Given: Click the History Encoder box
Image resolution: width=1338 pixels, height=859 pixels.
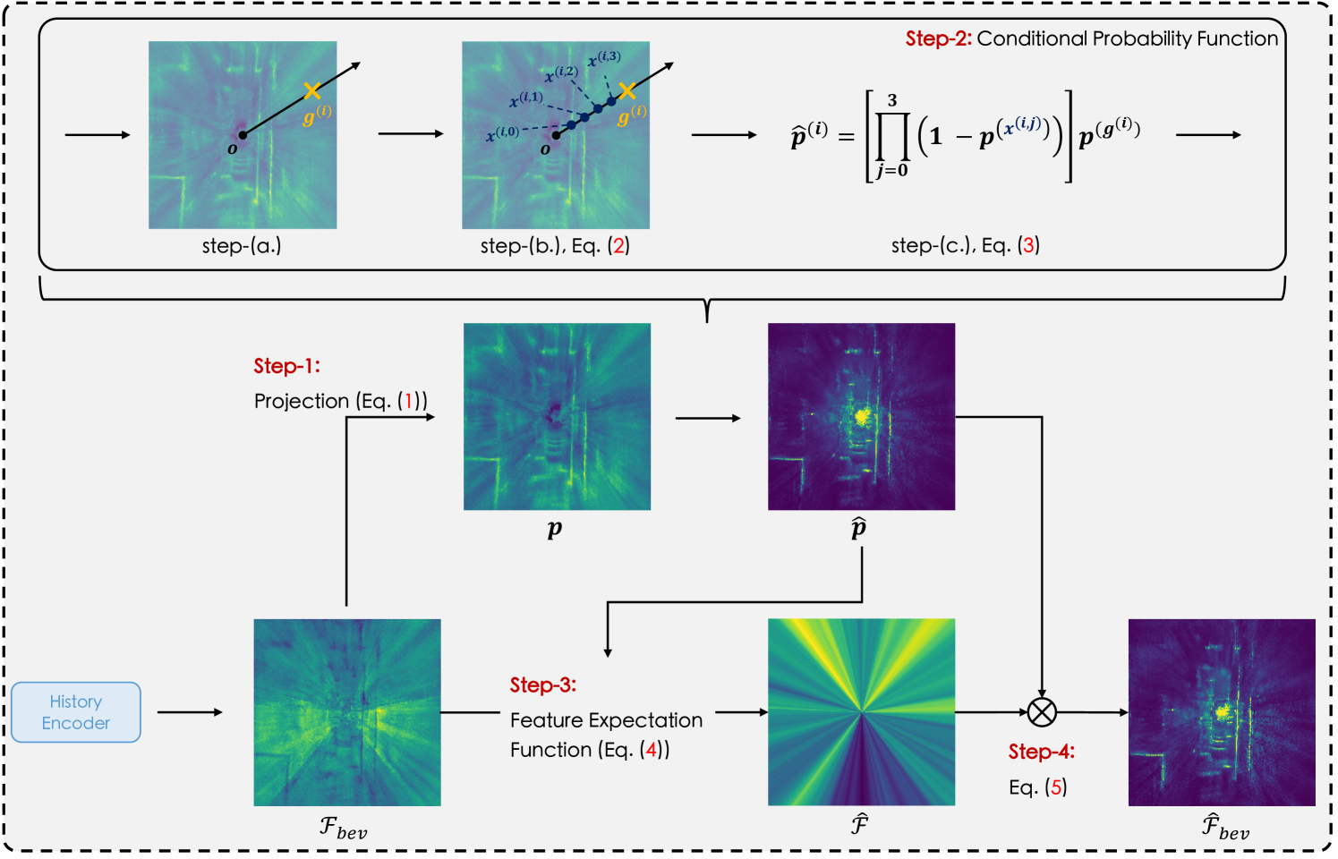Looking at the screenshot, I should [x=76, y=712].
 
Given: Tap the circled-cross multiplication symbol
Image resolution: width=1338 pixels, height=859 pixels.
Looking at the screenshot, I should [x=1042, y=712].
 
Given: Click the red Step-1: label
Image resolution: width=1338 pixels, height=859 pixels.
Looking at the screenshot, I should [x=286, y=366].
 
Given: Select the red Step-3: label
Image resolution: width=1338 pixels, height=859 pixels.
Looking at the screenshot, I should [x=543, y=685].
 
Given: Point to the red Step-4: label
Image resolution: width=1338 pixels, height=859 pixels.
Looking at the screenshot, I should [x=1042, y=752].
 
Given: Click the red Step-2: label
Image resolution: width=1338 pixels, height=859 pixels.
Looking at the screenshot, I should [x=938, y=38].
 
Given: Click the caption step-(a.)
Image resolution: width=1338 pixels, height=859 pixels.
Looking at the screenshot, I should [x=242, y=245].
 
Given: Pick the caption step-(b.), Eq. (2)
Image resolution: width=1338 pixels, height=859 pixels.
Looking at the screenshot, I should [x=555, y=245].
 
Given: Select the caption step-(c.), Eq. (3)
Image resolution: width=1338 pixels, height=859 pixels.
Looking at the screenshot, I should [x=965, y=245].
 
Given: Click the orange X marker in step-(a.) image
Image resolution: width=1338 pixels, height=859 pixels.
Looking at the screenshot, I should [x=311, y=90].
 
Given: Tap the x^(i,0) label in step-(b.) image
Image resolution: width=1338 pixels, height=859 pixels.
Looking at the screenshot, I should [x=502, y=134].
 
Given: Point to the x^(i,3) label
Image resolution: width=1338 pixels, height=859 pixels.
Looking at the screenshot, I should [x=604, y=60].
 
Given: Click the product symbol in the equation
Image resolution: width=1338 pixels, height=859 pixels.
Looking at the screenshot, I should [x=891, y=136].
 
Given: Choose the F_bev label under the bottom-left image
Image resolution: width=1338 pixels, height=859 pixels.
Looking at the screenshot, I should [x=344, y=827].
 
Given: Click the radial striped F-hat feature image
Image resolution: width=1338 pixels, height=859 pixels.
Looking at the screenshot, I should [x=861, y=712].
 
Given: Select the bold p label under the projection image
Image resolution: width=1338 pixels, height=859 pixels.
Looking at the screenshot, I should [x=555, y=529].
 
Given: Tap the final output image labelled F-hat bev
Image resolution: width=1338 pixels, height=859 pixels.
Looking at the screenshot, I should [x=1222, y=712].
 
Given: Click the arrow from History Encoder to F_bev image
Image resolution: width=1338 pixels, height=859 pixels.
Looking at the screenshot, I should [x=190, y=712].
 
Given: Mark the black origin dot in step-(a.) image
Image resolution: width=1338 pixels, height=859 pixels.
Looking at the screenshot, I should [x=243, y=135].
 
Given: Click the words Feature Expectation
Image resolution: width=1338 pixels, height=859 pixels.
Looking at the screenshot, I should [x=606, y=720].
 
